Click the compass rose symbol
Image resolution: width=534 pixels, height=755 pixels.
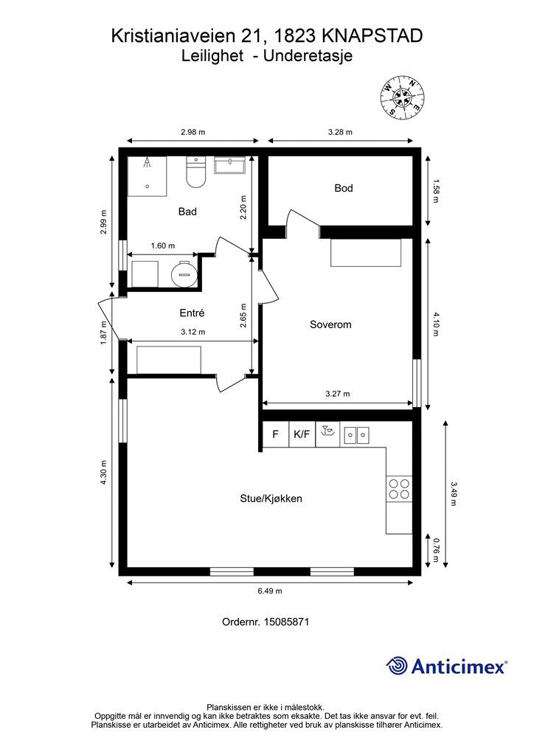402,97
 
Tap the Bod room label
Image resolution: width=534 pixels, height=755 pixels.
343,188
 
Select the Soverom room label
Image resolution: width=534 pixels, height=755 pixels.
330,324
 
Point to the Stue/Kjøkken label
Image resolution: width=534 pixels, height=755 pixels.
271,498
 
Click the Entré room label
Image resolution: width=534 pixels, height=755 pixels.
192,313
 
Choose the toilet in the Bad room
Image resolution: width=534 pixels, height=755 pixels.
196,172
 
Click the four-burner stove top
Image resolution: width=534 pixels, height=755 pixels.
399,489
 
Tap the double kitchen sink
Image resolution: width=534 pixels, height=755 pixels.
357,435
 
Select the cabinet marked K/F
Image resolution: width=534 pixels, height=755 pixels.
302,434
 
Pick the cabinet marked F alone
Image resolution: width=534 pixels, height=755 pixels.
275,434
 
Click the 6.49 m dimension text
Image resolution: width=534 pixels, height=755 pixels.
270,591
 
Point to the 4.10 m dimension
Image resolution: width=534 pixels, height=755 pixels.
435,324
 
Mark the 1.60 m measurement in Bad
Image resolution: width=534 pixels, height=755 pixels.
163,246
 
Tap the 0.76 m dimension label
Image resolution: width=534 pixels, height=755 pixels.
435,550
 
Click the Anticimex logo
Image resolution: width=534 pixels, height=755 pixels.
446,667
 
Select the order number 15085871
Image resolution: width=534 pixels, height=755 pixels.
286,622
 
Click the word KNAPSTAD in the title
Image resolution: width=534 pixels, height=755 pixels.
372,36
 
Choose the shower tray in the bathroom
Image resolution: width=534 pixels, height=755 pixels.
148,176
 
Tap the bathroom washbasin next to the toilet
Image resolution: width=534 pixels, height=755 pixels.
230,165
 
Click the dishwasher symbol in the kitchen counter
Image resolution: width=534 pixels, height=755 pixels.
328,434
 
